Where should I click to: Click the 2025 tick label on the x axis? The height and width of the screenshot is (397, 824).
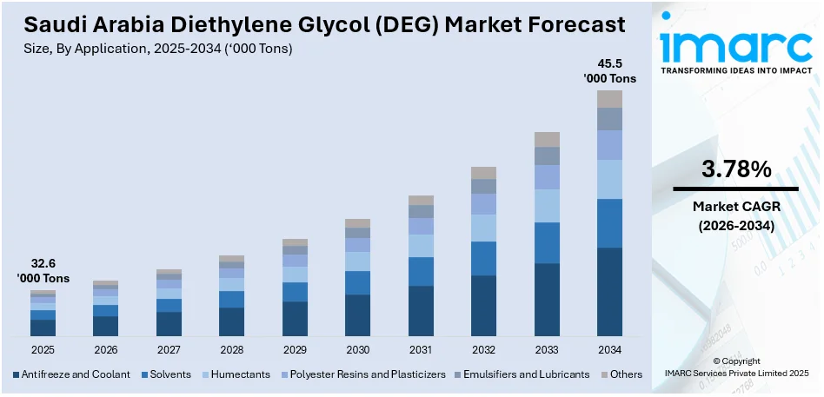click(x=43, y=349)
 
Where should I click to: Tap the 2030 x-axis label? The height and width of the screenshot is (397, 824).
click(x=357, y=349)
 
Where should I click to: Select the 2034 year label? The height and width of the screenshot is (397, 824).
click(x=609, y=349)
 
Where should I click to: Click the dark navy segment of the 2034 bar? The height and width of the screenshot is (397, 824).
click(x=609, y=292)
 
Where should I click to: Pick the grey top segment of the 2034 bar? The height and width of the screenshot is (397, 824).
click(x=609, y=99)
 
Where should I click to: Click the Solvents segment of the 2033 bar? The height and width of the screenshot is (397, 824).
click(x=547, y=242)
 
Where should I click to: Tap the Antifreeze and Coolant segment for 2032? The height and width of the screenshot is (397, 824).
click(x=483, y=305)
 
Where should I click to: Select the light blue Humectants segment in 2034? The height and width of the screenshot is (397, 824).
click(x=609, y=179)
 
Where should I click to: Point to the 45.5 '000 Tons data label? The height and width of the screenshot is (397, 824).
click(x=609, y=70)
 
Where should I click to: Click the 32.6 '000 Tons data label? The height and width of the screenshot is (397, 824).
click(x=43, y=271)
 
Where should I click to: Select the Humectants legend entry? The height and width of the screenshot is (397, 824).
click(x=237, y=374)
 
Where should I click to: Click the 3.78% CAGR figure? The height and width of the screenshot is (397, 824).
click(x=735, y=170)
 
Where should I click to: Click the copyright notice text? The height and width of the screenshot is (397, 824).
click(x=735, y=367)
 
